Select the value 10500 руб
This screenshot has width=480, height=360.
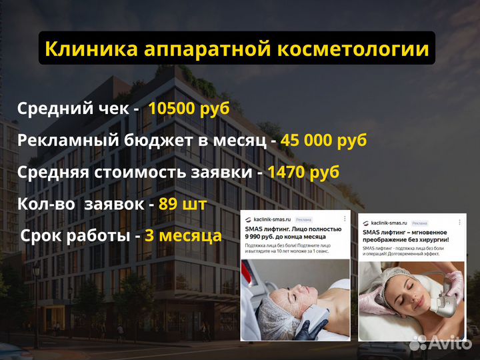(189, 109)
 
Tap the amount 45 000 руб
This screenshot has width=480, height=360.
(323, 141)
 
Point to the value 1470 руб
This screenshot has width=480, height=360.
(303, 172)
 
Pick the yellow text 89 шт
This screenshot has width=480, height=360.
(183, 203)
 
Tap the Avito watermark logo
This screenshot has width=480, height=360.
(441, 342)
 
